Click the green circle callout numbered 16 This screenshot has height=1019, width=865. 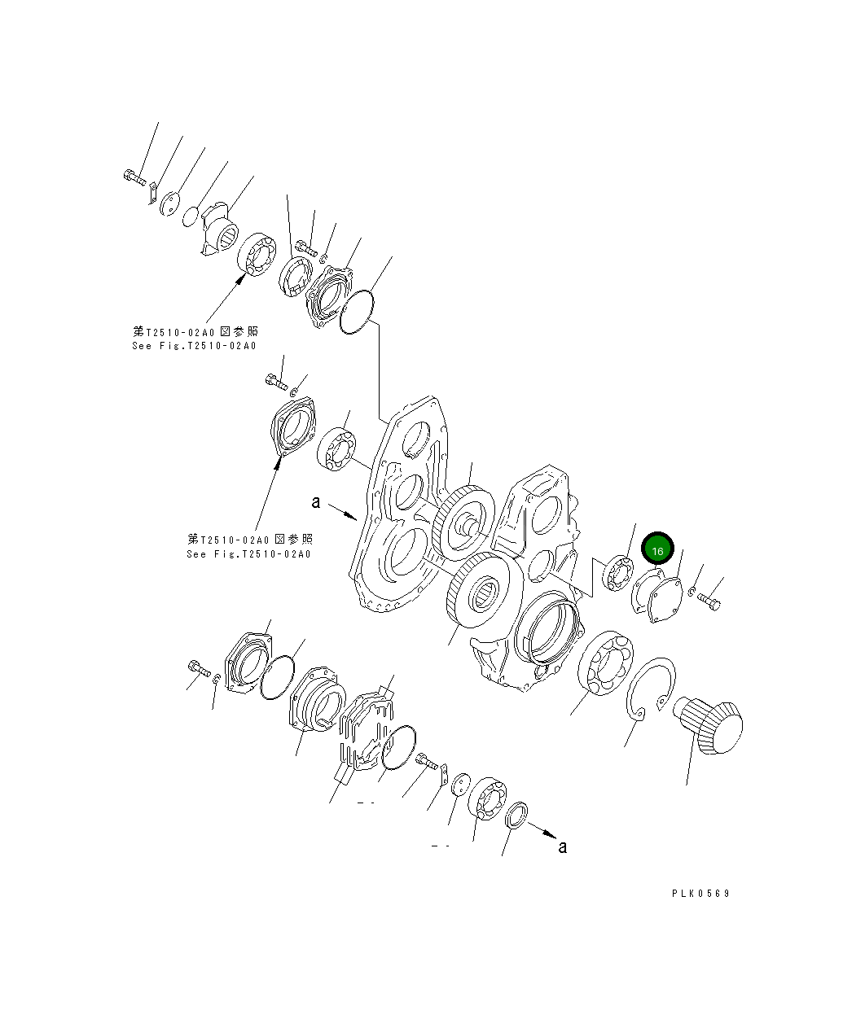657,550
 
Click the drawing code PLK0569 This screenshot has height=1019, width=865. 700,893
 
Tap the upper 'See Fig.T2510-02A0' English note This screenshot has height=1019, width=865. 194,346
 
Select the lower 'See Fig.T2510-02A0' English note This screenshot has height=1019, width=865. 248,554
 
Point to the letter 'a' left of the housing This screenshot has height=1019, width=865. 316,503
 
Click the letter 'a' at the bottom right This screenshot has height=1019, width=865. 562,847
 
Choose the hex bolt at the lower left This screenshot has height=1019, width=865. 199,668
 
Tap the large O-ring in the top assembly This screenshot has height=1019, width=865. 358,313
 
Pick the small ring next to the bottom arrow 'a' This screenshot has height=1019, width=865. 516,815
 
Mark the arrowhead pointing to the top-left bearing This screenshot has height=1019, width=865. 242,278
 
